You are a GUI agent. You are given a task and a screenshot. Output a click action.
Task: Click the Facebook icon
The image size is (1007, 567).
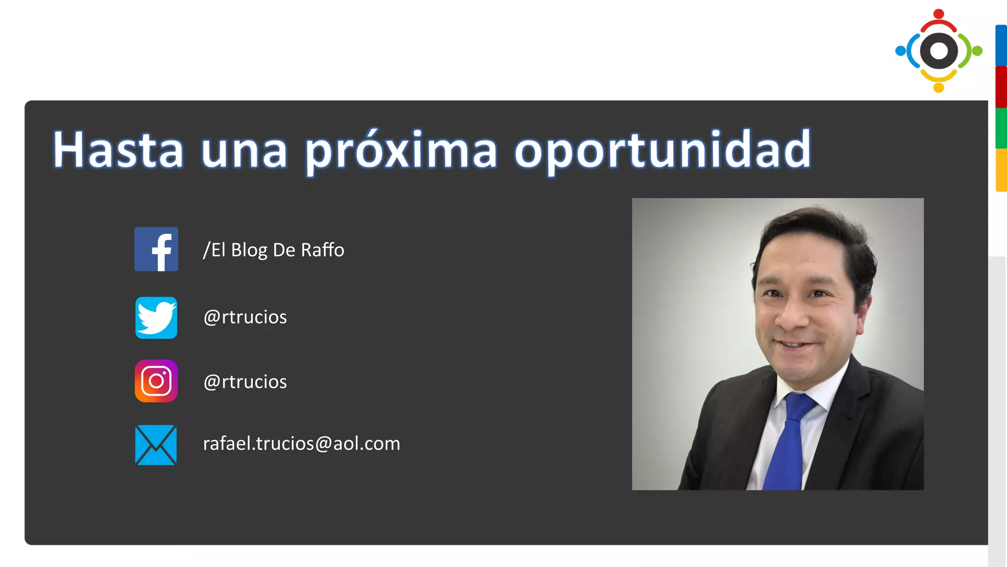[156, 249]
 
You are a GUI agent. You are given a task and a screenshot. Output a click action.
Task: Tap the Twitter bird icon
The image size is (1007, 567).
[156, 317]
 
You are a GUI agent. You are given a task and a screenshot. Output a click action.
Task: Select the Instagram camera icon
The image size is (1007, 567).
[156, 381]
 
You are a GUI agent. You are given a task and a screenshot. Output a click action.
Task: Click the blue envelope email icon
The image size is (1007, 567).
[156, 445]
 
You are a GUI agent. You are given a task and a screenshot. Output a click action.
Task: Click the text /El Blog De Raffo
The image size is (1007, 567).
[274, 250]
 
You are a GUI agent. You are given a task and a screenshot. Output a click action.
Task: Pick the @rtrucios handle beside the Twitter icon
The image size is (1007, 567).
[245, 317]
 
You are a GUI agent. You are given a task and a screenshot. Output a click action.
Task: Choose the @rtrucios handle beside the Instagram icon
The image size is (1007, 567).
[245, 382]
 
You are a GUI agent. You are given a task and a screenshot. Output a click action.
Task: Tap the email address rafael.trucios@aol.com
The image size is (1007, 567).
[301, 443]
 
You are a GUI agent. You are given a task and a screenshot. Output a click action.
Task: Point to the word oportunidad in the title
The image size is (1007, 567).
[662, 151]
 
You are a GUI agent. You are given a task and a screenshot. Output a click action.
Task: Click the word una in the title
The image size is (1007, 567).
[244, 151]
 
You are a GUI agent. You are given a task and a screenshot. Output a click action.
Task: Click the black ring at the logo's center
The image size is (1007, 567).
[939, 50]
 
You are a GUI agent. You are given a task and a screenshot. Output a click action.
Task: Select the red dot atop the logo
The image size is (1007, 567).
[939, 14]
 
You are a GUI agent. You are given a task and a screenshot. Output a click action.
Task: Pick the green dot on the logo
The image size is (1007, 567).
[977, 51]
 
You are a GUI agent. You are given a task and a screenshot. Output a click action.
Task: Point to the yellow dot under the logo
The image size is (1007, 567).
[939, 88]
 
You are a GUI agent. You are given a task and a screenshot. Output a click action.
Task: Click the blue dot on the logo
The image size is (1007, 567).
[900, 51]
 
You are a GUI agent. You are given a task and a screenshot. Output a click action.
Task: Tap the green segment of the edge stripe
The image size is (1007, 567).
[1001, 128]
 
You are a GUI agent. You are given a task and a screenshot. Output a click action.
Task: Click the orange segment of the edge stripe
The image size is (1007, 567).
[1001, 170]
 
